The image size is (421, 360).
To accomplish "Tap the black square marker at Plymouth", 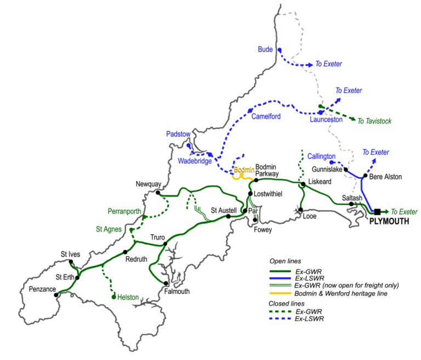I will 377,211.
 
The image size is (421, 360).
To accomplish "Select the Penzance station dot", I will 56,295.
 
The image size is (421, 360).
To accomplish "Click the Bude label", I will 265,49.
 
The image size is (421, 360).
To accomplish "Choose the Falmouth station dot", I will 165,283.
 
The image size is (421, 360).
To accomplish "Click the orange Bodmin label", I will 243,170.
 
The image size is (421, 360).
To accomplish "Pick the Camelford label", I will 266,116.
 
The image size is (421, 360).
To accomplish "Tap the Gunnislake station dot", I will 346,170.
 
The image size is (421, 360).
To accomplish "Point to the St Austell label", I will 224,210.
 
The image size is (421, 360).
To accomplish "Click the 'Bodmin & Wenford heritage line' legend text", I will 340,294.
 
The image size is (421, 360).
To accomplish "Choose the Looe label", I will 310,217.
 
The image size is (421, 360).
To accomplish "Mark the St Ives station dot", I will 71,262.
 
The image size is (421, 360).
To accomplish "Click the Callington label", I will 321,156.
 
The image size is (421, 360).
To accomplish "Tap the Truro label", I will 157,237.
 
